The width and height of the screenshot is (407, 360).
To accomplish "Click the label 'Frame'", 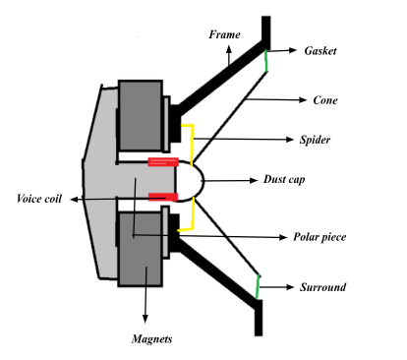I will point(224,35).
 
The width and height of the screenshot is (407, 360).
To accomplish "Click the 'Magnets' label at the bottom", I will point(152,339).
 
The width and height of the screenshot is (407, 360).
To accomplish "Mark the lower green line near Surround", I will point(258,286).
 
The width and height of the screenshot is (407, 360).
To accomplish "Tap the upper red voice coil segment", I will point(163,161).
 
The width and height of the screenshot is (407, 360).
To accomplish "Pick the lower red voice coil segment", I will point(163,198).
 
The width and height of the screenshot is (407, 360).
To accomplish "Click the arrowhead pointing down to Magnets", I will point(145,318).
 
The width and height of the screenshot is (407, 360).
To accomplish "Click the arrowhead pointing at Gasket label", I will point(296,48).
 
